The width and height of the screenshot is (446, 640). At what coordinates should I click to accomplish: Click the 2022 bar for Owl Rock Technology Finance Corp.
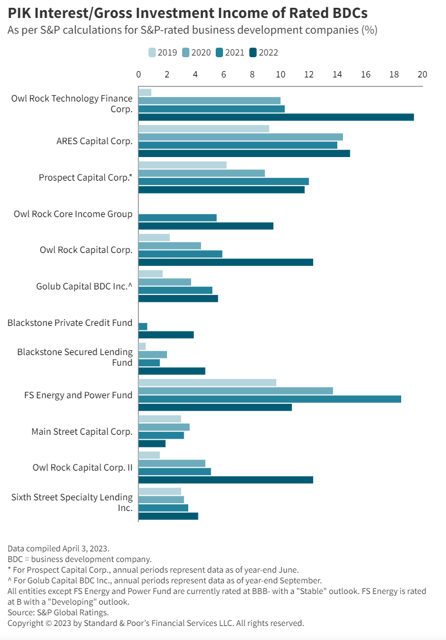(276, 117)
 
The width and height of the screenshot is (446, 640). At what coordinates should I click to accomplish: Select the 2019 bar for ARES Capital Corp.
(203, 128)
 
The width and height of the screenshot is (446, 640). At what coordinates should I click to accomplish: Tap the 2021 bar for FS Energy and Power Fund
(270, 399)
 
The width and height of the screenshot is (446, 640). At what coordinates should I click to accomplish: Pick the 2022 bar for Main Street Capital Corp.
(152, 444)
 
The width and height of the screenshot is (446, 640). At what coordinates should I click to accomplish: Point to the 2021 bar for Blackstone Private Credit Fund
(143, 326)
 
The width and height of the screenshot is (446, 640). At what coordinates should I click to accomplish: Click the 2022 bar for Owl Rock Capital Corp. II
(225, 480)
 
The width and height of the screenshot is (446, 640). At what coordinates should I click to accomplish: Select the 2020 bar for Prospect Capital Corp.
(201, 173)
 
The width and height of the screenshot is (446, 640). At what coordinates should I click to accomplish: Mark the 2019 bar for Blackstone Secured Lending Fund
(142, 346)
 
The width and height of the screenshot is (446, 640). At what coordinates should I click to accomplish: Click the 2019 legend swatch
(152, 53)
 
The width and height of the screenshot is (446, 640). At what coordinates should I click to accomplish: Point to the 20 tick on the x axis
(422, 75)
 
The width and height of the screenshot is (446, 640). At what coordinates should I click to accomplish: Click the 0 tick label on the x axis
(138, 75)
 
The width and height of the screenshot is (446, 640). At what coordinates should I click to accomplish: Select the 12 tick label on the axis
(309, 75)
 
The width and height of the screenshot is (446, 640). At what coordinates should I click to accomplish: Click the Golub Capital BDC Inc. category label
(84, 286)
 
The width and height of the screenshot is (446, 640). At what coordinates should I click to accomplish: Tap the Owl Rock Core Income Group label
(73, 214)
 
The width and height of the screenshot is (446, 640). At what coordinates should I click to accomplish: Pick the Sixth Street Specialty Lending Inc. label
(72, 503)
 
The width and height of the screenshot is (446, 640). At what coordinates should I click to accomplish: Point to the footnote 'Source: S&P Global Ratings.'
(58, 613)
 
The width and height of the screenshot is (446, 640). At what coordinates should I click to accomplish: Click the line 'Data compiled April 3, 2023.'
(58, 548)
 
